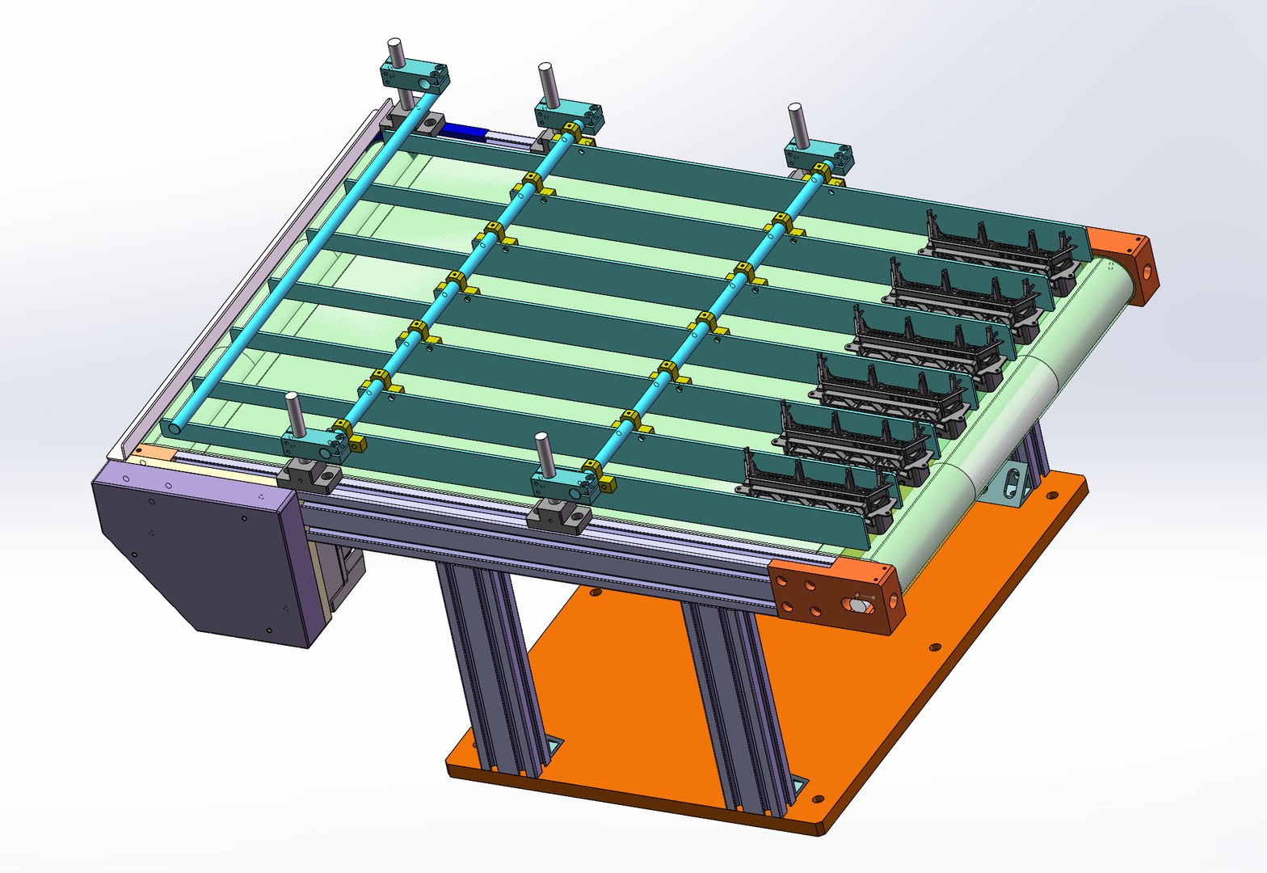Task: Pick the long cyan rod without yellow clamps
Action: (299, 267)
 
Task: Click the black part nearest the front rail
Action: (816, 485)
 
